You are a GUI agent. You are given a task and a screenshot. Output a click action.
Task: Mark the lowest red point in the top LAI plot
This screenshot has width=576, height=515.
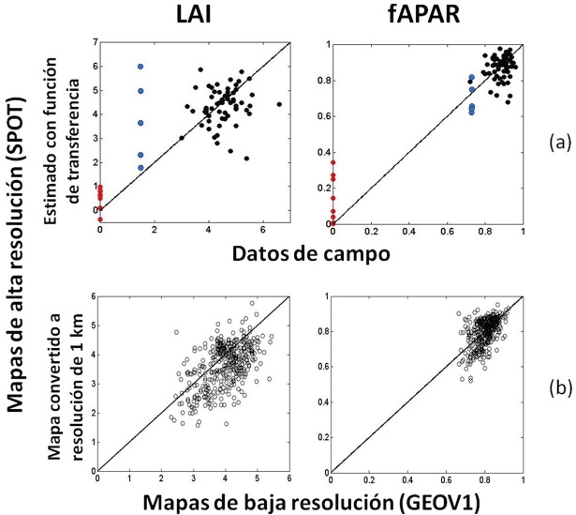[x=100, y=220]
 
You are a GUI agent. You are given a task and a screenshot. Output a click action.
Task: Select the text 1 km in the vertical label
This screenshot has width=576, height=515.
[x=75, y=323]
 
